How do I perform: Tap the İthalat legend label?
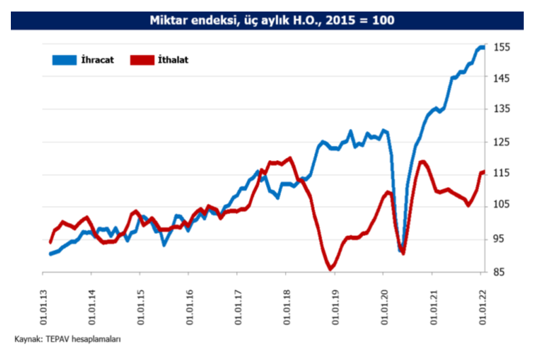171,60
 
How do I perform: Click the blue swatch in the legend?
64,60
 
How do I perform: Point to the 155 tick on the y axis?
501,47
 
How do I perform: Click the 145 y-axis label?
501,79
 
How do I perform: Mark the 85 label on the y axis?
501,272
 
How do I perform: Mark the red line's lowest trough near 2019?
330,269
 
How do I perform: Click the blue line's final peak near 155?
481,47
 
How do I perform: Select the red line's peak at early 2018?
290,159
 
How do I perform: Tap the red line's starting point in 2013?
50,241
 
